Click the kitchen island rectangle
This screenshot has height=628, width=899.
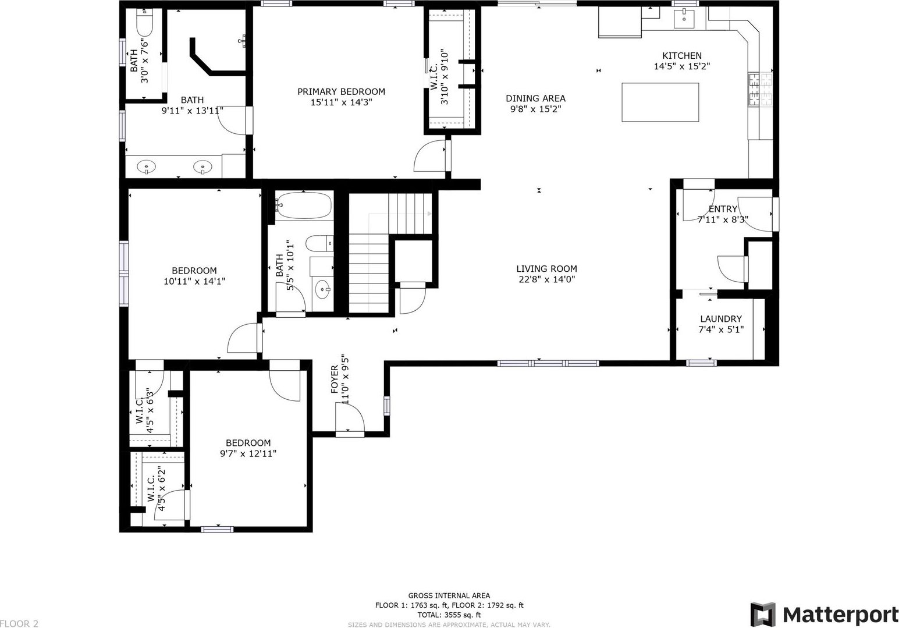pos(660,102)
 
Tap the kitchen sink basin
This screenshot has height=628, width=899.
pos(684,19)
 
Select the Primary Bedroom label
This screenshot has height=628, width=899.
pos(341,91)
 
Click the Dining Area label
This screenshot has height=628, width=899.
pos(535,98)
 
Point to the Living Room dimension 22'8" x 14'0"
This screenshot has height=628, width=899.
pos(546,279)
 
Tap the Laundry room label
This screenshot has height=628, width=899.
pos(721,319)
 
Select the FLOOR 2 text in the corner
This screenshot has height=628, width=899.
pos(19,623)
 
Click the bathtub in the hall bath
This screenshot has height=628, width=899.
pos(304,205)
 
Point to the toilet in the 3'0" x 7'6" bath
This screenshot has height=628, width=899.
pos(144,23)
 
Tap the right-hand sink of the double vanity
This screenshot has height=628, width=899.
pos(202,166)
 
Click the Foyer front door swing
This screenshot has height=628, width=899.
pos(350,417)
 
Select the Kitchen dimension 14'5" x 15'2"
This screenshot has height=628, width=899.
pos(682,66)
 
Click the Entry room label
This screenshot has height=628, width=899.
pos(723,209)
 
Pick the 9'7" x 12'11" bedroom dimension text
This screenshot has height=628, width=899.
pos(248,454)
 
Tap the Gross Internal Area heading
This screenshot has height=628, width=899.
pos(449,596)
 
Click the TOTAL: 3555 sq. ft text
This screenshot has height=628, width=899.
pos(449,615)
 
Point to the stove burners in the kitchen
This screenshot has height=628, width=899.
pos(760,90)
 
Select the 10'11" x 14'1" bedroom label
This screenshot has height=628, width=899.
pos(194,276)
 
